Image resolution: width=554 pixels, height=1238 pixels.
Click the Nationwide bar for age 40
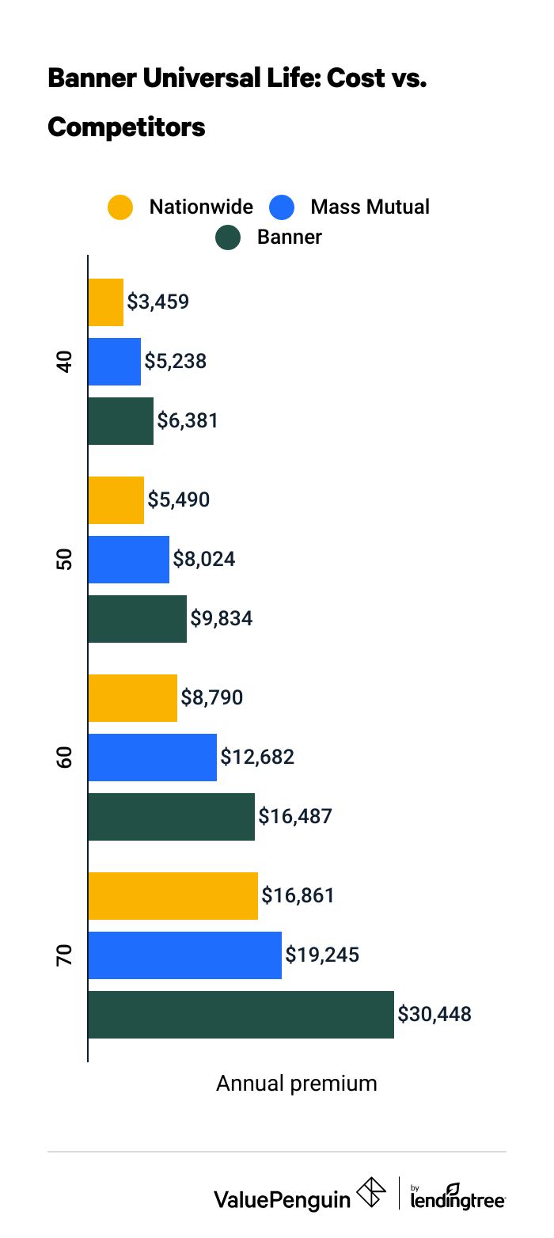tap(106, 302)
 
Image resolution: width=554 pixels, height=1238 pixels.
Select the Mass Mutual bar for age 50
tap(129, 560)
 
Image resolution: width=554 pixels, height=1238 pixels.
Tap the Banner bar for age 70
tap(241, 1015)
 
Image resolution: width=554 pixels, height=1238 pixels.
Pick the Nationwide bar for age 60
tap(132, 698)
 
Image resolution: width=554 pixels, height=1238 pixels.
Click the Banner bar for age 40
tap(120, 421)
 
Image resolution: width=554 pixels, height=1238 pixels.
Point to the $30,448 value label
tap(434, 1014)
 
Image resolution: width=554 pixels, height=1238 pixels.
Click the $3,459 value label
tap(158, 302)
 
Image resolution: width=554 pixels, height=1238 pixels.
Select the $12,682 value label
tap(257, 757)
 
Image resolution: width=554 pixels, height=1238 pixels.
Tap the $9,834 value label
tap(222, 618)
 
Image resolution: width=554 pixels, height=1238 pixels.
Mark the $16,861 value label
tap(298, 895)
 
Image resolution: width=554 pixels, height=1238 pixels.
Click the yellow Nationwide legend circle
tap(120, 207)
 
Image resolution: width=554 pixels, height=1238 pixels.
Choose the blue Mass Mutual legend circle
tap(282, 207)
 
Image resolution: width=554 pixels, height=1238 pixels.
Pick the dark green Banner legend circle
tap(228, 237)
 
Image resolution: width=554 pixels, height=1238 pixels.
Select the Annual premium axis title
tap(297, 1084)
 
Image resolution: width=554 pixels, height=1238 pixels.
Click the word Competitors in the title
tap(127, 127)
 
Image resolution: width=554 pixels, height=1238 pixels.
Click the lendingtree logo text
tap(458, 1198)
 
